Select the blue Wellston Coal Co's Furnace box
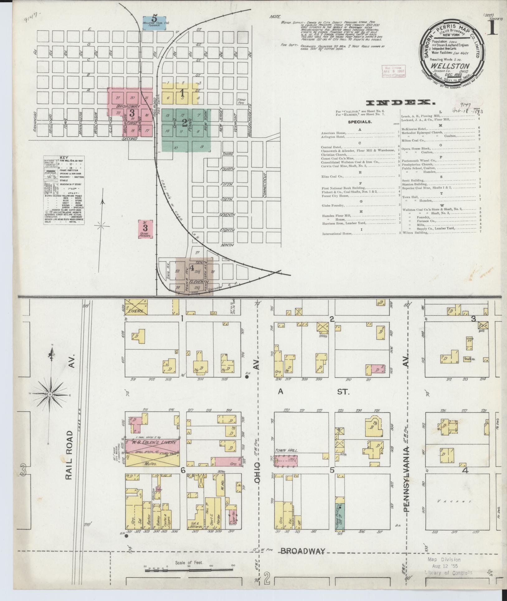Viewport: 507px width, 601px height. (x=154, y=23)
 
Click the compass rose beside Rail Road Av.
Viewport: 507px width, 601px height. (x=50, y=395)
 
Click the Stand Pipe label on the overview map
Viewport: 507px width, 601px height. (x=241, y=101)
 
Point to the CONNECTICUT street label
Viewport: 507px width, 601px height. (x=265, y=185)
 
